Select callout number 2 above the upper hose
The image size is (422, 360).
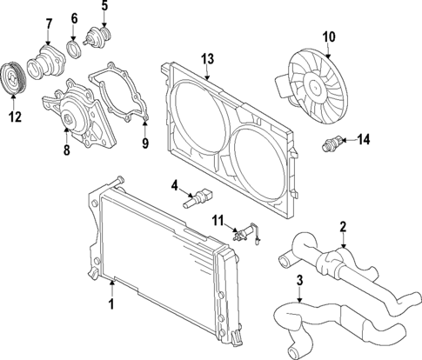pyautogui.click(x=343, y=227)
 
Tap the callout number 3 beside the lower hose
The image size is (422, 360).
pyautogui.click(x=299, y=280)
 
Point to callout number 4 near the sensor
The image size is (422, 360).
pyautogui.click(x=175, y=184)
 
